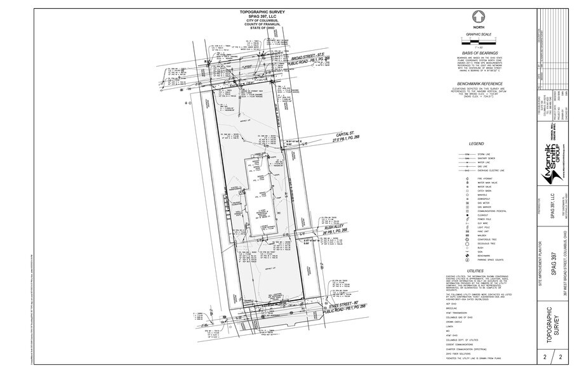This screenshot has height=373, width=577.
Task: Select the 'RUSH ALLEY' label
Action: [x=336, y=226]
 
